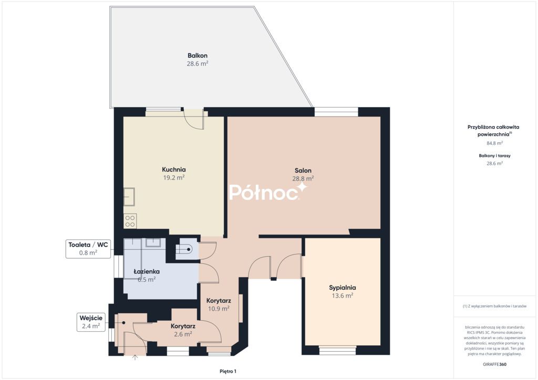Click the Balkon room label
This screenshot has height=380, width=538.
tap(198, 56)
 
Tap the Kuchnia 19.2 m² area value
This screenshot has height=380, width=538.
tap(174, 177)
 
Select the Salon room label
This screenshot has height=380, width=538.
tap(303, 170)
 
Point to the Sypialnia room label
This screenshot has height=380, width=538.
tap(343, 288)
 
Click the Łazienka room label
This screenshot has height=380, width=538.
tap(147, 271)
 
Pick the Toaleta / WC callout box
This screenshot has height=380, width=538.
tap(88, 249)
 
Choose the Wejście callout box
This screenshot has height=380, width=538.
tap(91, 322)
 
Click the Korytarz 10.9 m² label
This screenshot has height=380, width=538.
tap(219, 304)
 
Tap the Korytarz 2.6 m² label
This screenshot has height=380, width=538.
tap(183, 330)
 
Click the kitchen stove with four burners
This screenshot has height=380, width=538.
tap(130, 221)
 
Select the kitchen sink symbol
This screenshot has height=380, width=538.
tap(129, 197)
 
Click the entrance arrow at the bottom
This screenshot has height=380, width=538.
tap(135, 357)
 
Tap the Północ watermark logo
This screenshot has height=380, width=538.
tap(268, 192)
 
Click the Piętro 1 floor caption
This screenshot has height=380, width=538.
tap(228, 371)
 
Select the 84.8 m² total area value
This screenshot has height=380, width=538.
tap(495, 143)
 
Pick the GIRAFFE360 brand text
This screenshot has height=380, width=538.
tap(494, 364)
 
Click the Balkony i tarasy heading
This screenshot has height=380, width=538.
tap(495, 155)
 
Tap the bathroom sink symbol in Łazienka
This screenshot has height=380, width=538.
tap(153, 242)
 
